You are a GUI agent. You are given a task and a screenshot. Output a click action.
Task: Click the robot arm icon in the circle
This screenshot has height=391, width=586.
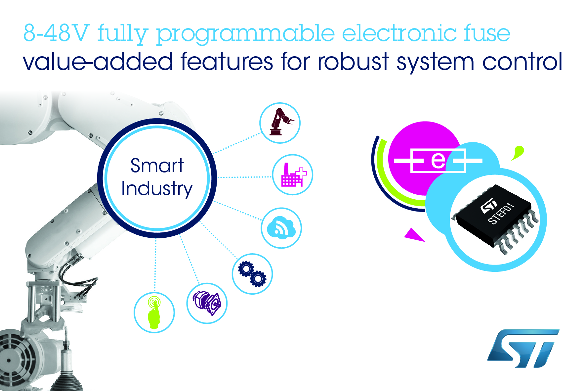click(x=280, y=122)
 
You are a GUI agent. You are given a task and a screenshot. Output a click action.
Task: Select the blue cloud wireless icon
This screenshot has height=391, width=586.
click(x=281, y=227)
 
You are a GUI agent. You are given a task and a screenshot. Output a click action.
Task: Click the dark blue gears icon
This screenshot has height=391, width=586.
click(x=252, y=274)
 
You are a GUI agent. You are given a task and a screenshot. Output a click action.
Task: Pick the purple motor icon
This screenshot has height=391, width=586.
click(x=207, y=303)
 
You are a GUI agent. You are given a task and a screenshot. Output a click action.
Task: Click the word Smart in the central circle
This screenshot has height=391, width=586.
click(x=157, y=166)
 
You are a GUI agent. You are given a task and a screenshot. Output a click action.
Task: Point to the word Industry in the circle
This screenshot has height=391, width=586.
click(x=157, y=189)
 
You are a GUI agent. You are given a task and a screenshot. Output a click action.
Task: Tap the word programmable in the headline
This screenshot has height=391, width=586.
click(x=245, y=34)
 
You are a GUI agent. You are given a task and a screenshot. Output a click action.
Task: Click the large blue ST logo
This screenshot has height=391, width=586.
click(x=523, y=348)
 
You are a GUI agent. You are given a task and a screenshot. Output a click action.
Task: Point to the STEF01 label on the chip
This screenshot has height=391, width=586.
click(x=501, y=214)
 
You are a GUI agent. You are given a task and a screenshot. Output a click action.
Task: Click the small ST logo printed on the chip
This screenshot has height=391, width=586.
click(x=489, y=206)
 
